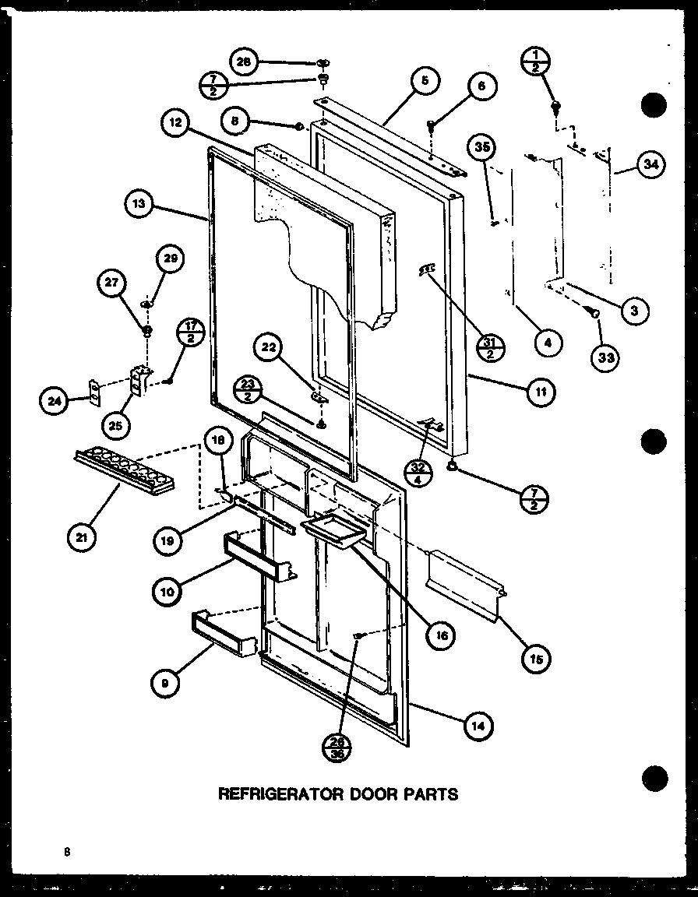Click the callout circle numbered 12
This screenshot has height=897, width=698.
(x=176, y=122)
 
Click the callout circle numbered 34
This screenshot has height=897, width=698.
(x=650, y=165)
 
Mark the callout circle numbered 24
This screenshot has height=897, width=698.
(x=54, y=401)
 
